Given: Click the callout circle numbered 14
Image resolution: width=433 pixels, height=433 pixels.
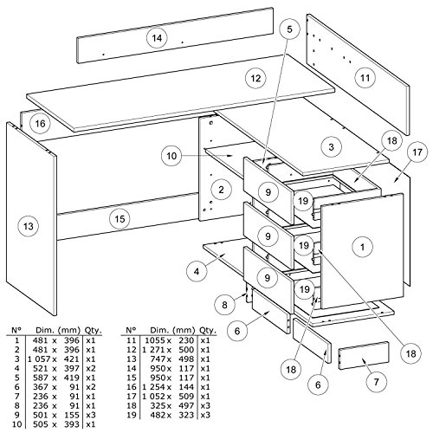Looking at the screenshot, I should (x=156, y=37).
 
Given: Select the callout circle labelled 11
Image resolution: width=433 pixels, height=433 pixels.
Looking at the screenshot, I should (x=364, y=78).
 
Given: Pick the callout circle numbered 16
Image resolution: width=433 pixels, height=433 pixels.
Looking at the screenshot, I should (x=39, y=124).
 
